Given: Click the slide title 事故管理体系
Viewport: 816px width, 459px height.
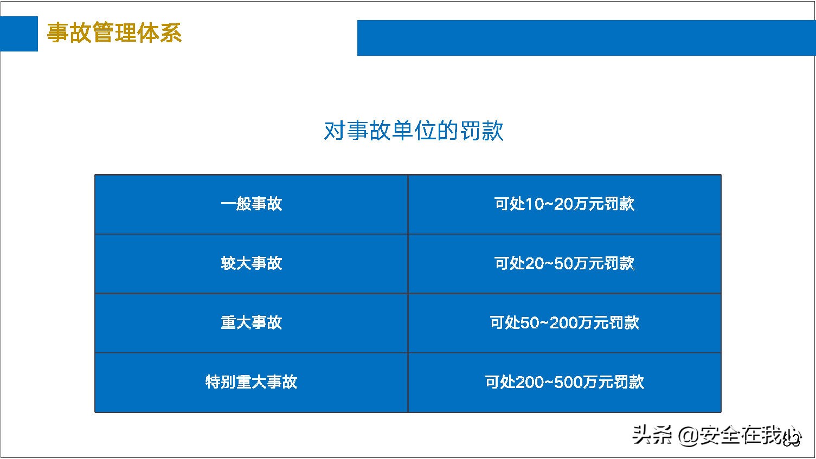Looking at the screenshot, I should (114, 33).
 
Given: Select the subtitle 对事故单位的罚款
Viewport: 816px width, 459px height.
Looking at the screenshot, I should (413, 131).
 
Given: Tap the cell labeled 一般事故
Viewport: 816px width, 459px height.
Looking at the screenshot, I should (251, 204).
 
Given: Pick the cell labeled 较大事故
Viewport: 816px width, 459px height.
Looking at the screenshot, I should (251, 264).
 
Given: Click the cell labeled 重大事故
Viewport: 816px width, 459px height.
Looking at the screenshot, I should (251, 323).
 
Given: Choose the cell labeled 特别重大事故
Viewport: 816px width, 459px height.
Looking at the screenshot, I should (251, 383).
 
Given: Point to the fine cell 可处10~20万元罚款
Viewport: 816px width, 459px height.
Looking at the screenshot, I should (564, 204).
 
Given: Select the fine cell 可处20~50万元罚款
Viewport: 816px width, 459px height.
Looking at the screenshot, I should (564, 264).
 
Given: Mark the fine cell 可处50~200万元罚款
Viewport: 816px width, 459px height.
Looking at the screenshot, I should (564, 323).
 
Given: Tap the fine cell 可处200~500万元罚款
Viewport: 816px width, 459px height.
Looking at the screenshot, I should (564, 383).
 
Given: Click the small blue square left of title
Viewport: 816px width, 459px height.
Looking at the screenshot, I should (19, 34).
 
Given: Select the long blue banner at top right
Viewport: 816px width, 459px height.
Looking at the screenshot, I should (586, 38).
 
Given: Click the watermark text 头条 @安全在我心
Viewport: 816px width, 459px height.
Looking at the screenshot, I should (716, 435).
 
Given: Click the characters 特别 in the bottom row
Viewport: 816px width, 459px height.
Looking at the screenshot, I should (220, 383).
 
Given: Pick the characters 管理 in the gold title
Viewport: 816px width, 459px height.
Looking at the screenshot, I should (114, 33).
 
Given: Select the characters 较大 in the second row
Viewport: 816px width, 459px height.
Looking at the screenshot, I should (235, 264).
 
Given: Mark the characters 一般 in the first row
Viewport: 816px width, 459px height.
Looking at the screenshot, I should (235, 204).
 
